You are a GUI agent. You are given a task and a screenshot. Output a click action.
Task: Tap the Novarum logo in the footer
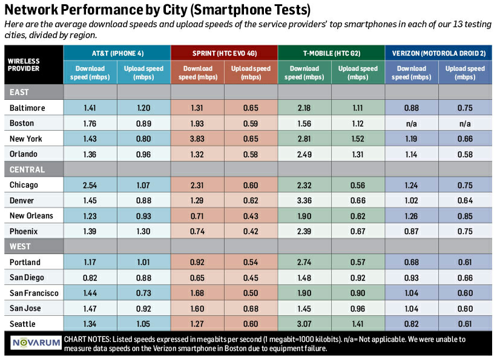36,343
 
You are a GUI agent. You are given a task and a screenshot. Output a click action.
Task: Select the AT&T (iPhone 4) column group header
117,53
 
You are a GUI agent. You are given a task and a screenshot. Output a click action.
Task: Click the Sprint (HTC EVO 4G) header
224,53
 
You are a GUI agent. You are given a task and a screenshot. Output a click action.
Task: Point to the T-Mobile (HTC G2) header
331,53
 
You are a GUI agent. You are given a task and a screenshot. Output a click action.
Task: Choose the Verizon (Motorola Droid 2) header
438,53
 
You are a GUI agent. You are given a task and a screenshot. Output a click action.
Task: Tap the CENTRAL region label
27,169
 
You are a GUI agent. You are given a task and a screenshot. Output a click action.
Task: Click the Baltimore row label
27,108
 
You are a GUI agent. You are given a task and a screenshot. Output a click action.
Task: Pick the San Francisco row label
34,293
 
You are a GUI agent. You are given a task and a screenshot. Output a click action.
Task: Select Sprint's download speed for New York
197,139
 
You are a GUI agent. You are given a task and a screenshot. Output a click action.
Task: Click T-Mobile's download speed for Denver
304,200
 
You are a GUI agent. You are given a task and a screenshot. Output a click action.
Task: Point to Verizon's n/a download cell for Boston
412,123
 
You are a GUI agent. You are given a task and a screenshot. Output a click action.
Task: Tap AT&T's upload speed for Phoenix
143,231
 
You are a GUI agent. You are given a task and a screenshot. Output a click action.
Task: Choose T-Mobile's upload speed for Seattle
358,324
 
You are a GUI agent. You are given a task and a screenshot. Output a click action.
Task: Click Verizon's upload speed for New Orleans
465,216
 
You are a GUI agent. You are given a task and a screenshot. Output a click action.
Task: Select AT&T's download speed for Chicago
90,185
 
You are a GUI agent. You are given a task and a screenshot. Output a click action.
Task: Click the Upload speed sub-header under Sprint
251,73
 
